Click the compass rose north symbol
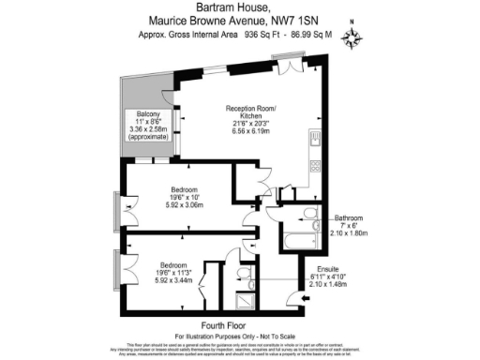pyautogui.click(x=352, y=37)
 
